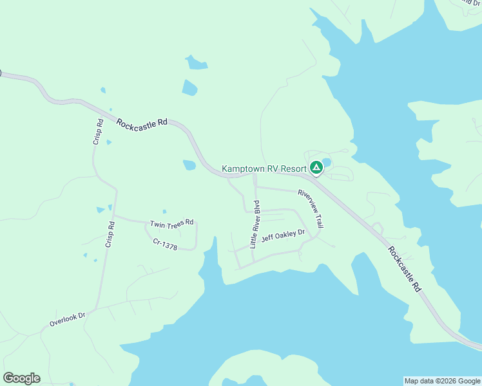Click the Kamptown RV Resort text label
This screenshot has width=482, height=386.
tap(264, 169)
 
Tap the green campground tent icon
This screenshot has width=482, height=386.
tap(316, 168)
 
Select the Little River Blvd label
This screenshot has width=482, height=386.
tap(256, 226)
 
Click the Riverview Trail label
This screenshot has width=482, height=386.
tap(310, 208)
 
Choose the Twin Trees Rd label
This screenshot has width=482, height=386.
tap(171, 223)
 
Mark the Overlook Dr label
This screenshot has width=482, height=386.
tap(67, 319)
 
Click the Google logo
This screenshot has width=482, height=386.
tap(21, 378)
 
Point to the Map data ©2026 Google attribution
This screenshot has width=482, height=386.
tap(441, 381)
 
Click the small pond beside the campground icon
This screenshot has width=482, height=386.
tap(327, 161)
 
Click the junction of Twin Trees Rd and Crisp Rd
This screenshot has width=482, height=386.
tap(115, 216)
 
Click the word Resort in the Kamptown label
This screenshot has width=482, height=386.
tap(293, 169)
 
